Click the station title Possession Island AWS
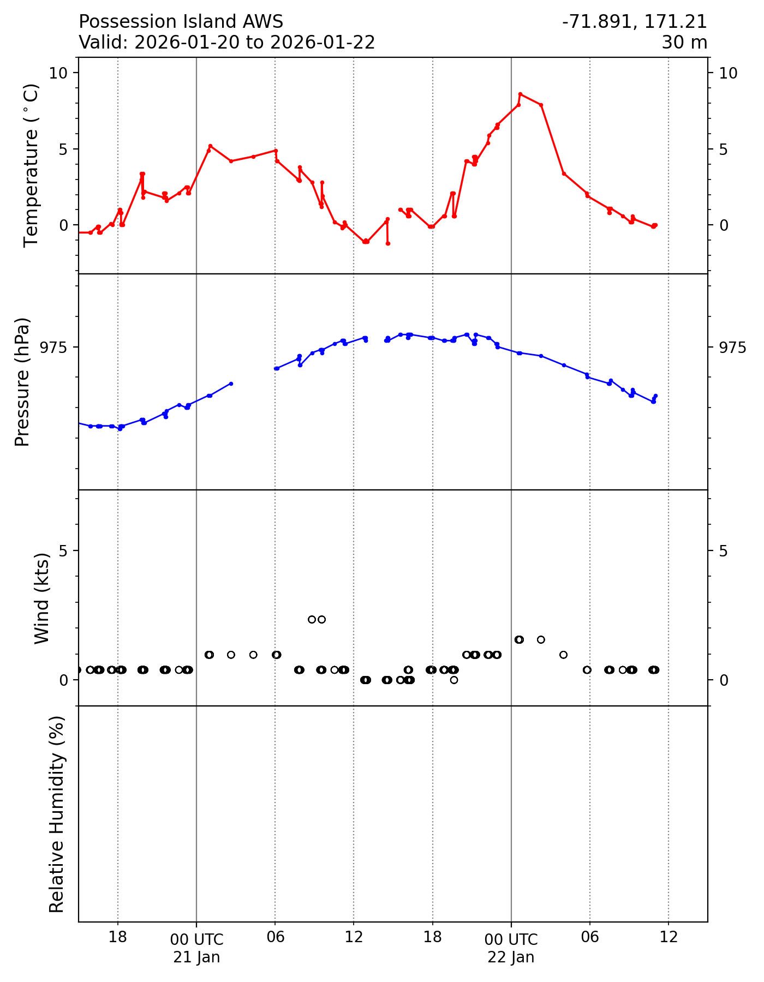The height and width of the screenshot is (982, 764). tap(181, 22)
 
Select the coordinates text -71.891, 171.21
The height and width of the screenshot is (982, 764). tap(634, 22)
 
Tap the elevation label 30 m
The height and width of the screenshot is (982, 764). tap(684, 42)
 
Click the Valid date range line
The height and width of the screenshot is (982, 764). tap(226, 42)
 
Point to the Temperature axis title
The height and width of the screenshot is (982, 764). tap(32, 165)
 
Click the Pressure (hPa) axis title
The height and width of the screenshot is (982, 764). tap(22, 382)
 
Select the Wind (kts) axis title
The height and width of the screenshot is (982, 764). tap(42, 598)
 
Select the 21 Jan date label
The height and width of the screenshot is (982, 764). tap(196, 957)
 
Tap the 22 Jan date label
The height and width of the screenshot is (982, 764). tap(511, 957)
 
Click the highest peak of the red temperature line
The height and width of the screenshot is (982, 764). tap(520, 94)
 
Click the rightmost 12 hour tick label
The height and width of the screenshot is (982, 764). tap(668, 937)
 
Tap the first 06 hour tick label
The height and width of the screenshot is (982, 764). tap(275, 937)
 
